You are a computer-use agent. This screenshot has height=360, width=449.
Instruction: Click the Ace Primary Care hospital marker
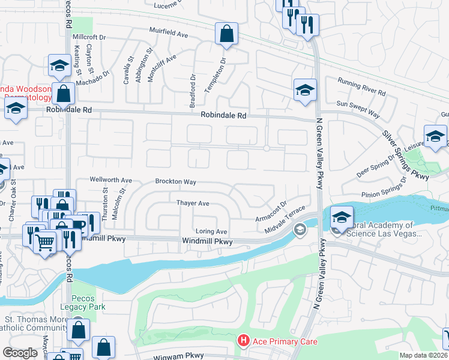coord(243,341)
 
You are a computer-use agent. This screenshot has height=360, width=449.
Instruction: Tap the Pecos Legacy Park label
coord(88,302)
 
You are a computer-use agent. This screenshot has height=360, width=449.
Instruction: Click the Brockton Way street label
coord(176,181)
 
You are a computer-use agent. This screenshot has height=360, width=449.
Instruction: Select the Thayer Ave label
coord(192,203)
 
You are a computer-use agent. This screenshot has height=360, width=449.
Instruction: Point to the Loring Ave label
coord(211,232)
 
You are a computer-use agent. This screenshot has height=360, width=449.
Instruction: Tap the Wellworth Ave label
coord(110,180)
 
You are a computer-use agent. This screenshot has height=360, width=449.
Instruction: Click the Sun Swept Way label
coord(358,110)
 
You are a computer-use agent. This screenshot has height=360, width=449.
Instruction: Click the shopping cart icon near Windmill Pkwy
coord(45,242)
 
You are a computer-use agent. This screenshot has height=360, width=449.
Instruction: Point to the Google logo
coord(20,353)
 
